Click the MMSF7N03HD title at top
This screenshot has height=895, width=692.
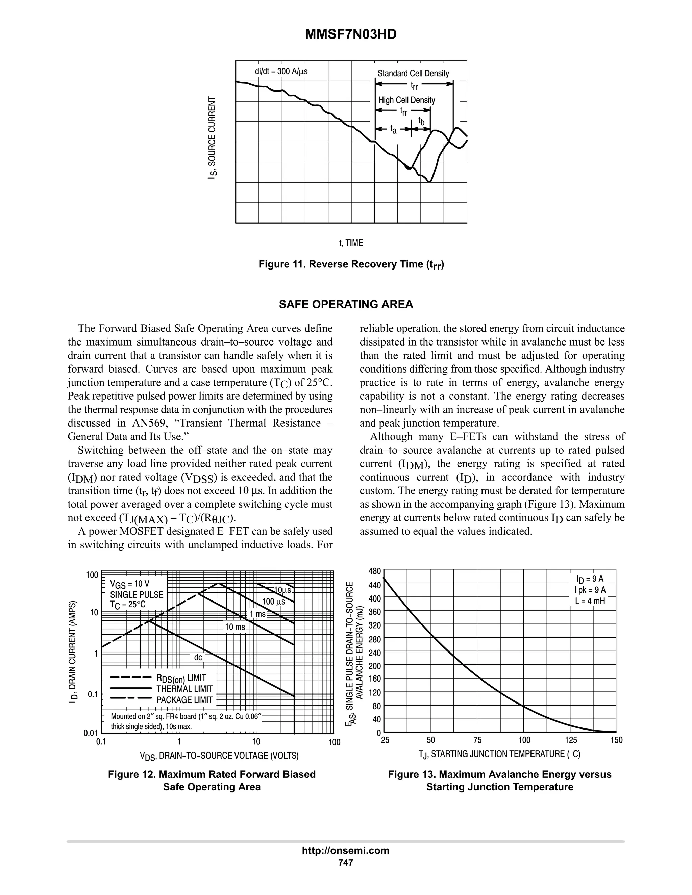(350, 35)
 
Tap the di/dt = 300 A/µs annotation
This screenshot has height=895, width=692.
(281, 71)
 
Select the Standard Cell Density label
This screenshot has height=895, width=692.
(413, 73)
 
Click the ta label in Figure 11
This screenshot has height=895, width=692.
(393, 130)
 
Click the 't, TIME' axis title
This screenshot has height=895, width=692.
(351, 243)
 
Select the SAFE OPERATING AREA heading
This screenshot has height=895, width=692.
(346, 305)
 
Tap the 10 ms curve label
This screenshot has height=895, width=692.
(235, 627)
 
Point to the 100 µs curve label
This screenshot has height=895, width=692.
(273, 602)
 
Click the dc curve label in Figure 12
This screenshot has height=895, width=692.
(198, 657)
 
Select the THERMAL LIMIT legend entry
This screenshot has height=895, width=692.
(184, 689)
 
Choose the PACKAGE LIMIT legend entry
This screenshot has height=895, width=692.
(184, 700)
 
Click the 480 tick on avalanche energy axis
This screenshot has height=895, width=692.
(375, 571)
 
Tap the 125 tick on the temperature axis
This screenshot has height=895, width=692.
(571, 740)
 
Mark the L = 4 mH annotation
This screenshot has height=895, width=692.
(590, 602)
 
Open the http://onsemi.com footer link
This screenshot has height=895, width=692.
(345, 851)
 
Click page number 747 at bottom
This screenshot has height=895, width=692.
(345, 862)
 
